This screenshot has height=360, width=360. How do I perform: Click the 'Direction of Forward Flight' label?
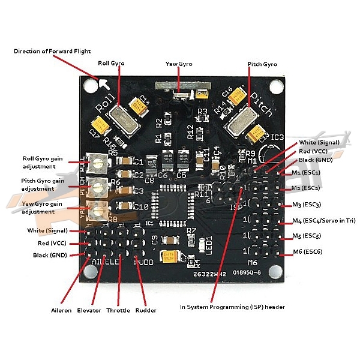52,51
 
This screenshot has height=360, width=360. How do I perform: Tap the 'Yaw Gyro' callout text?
179,63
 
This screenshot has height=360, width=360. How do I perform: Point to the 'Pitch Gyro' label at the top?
262,63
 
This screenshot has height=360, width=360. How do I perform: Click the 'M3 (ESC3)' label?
306,205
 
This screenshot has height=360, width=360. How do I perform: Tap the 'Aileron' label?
61,310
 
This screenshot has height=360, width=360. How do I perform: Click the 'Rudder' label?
146,310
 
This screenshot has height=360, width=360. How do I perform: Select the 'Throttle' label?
119,310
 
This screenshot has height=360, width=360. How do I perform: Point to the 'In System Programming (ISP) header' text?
232,307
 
